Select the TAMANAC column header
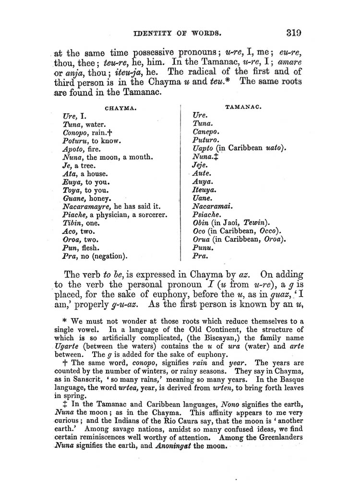pos(242,108)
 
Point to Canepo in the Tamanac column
pos(205,132)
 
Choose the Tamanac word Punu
pos(202,248)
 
